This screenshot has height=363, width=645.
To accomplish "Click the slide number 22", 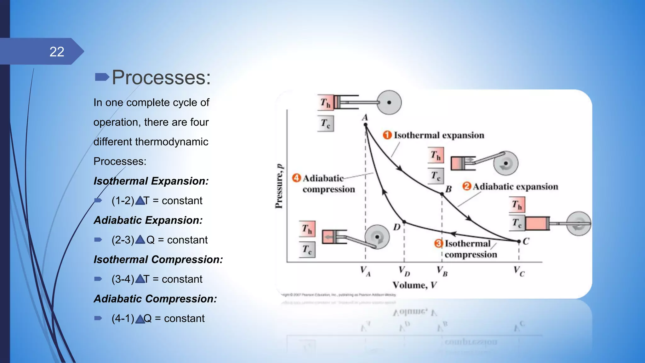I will point(57,52).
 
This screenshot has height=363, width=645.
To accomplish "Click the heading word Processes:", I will point(161,77).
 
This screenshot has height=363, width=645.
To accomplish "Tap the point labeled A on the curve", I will point(366,125).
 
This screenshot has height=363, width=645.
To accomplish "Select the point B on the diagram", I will point(442,194).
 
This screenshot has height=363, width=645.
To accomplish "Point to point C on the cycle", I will point(519,241).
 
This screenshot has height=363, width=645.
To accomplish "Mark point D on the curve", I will point(404,222).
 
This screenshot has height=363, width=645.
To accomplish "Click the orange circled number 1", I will point(387,135).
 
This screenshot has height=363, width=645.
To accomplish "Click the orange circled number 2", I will point(466,186).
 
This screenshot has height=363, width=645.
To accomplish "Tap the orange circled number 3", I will point(438,243).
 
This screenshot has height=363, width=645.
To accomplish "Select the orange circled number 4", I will point(296,178).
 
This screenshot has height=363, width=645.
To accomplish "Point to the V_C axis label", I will point(519,271).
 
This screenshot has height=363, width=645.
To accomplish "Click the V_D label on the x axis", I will point(404,271).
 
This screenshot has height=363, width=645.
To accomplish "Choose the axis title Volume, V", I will point(414,285).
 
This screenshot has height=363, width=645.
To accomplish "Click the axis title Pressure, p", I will point(279,186).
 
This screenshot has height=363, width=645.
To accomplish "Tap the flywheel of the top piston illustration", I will point(389,102).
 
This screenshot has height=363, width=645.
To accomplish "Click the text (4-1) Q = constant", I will point(158,319).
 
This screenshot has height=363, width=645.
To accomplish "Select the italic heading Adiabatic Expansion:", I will point(148,220).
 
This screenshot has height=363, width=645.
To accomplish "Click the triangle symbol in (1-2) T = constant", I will point(140,201).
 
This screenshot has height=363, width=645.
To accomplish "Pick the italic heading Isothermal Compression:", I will point(158,260).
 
